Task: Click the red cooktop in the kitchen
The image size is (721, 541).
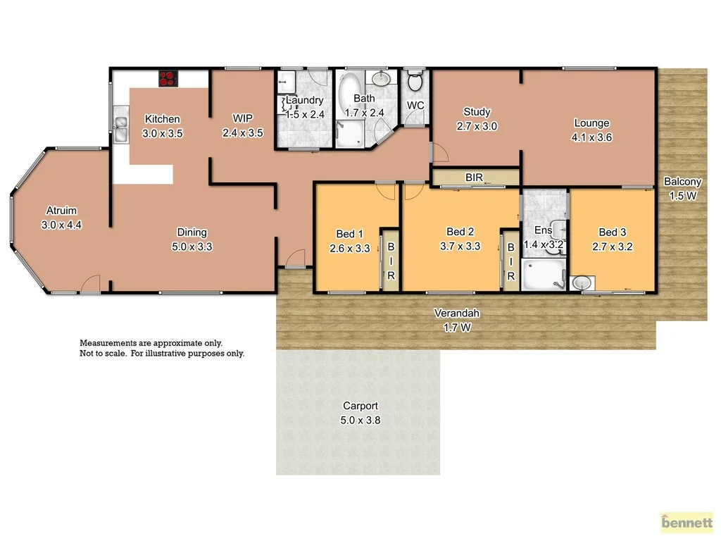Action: (x=167, y=78)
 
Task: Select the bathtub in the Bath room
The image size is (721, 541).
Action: (x=349, y=95)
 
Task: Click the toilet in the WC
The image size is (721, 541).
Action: (x=415, y=83)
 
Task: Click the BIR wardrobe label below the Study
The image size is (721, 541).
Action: (x=474, y=178)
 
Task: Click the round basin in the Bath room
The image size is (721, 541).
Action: (x=382, y=77)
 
